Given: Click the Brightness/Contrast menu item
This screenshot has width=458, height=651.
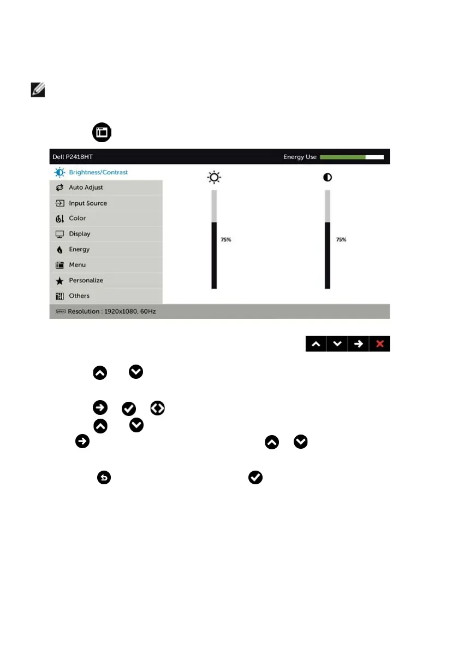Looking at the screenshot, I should (98, 172).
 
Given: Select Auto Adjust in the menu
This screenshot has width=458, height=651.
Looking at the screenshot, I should (86, 187).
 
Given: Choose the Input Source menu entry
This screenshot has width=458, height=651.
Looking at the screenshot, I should (87, 203).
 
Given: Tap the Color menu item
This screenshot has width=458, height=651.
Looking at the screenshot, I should (77, 218).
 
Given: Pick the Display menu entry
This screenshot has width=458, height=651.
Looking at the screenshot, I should (79, 234).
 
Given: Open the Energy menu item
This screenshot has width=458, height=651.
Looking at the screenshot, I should (79, 249).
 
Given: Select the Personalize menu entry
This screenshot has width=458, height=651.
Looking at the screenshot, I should (86, 280).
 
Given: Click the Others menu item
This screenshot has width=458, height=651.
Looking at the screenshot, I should (79, 296).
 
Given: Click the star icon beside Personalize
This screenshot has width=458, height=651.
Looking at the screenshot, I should (60, 280).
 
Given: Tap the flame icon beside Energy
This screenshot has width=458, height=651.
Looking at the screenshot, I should (60, 250).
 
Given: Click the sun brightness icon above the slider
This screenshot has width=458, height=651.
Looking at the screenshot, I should (214, 178).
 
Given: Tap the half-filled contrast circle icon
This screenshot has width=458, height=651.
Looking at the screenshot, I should (328, 178).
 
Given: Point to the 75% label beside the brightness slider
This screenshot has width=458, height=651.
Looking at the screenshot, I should (225, 239).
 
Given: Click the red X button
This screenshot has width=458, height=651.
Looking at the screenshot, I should (379, 344).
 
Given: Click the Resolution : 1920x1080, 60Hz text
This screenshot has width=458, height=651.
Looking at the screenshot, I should (109, 312).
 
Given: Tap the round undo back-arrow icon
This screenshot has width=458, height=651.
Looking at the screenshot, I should (104, 478).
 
